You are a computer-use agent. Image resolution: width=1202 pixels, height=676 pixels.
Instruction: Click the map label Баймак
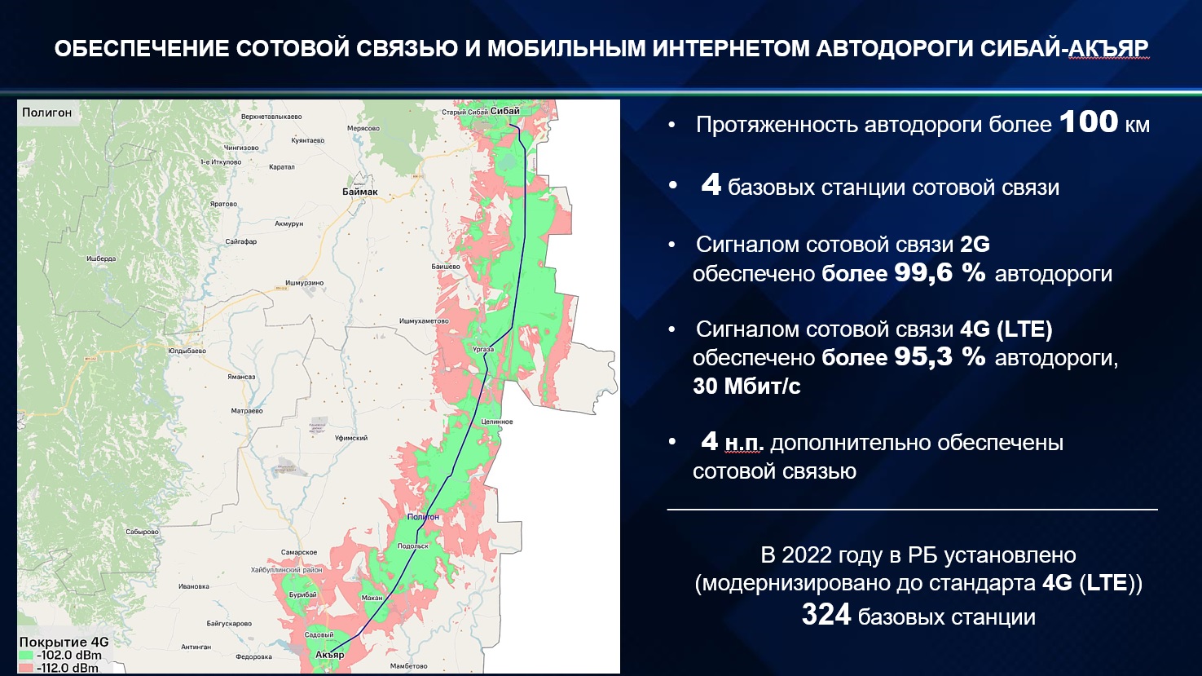click(x=359, y=192)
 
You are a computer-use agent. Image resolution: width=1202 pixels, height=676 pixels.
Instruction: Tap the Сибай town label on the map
click(x=505, y=111)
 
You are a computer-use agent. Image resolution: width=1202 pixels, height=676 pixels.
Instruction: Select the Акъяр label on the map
click(x=329, y=654)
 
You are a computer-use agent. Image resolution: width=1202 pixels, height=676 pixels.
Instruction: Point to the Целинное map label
click(x=497, y=422)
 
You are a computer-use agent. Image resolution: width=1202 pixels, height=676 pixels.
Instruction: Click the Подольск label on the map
click(x=413, y=546)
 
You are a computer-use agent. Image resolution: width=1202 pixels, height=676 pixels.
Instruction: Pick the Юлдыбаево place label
click(x=187, y=351)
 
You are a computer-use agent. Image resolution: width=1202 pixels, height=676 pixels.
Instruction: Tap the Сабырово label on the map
click(x=142, y=532)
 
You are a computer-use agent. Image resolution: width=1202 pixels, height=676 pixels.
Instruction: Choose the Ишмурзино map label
click(x=304, y=283)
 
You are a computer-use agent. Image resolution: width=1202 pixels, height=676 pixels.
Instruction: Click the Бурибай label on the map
click(x=303, y=594)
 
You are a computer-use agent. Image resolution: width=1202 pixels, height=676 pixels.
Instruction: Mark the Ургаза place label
click(x=483, y=349)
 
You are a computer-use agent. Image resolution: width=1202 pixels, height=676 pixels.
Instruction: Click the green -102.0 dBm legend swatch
click(x=27, y=655)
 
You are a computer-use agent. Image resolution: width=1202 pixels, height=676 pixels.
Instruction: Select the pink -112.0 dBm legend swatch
click(x=27, y=668)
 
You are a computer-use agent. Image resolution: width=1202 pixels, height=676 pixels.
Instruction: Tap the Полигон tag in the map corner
click(x=47, y=113)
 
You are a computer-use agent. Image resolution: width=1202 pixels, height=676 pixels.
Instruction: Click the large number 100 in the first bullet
click(x=1089, y=122)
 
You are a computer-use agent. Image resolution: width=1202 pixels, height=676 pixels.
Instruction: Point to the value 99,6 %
click(x=940, y=272)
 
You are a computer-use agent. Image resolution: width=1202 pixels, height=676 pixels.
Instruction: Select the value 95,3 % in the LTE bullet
click(x=940, y=356)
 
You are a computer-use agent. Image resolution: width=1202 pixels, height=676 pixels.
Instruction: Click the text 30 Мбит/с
click(x=746, y=386)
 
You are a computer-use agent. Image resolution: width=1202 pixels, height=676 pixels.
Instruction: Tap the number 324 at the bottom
click(x=826, y=614)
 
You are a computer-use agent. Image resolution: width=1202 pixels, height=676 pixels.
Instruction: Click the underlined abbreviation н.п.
click(x=742, y=443)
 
